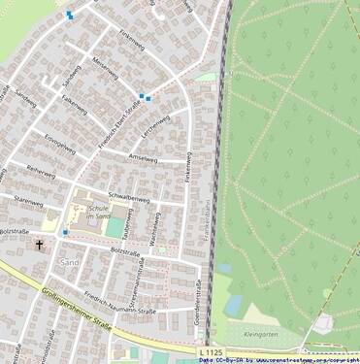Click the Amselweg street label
pyautogui.click(x=143, y=156)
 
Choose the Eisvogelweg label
pyautogui.click(x=60, y=145)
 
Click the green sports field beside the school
pyautogui.click(x=115, y=227)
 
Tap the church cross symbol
pyautogui.click(x=40, y=246)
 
